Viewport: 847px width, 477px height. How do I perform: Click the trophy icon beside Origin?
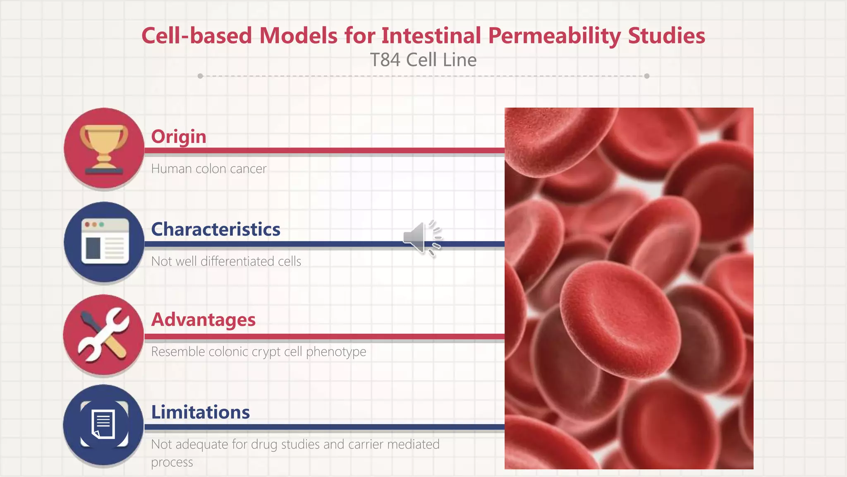(104, 149)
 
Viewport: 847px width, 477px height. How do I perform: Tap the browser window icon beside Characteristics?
(104, 242)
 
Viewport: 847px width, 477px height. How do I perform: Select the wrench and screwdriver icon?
(103, 335)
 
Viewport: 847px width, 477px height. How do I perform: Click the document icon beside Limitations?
(103, 425)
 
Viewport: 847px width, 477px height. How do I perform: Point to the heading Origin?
(178, 136)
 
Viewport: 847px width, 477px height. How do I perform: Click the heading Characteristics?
(215, 229)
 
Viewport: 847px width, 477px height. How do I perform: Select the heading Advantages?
(203, 319)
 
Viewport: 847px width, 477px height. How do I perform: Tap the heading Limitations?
(200, 412)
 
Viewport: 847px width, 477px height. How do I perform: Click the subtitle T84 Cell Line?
(423, 60)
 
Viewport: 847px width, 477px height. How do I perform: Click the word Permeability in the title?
(554, 36)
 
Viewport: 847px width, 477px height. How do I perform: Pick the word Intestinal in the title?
(431, 36)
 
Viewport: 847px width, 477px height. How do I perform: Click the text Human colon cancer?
(208, 169)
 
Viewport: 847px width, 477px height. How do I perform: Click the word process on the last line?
(172, 462)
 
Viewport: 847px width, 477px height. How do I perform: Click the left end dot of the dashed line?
(200, 76)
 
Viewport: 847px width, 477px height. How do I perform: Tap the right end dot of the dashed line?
(647, 76)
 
